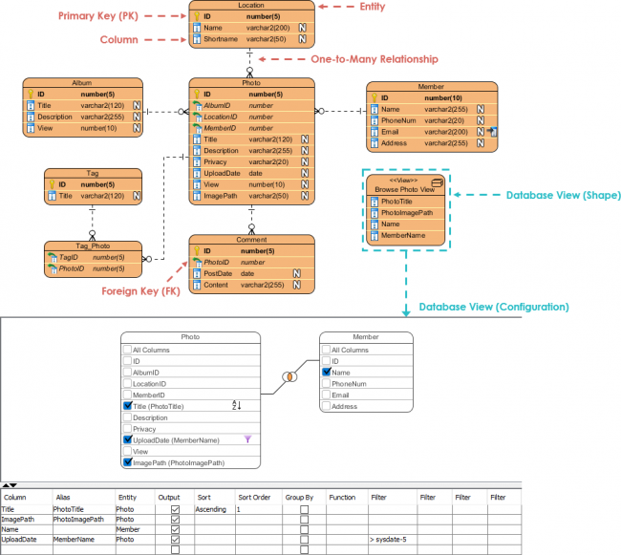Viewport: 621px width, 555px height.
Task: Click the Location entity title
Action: [250, 6]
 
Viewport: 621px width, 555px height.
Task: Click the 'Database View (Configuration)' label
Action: [493, 307]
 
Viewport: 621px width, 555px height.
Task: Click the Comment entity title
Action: [250, 240]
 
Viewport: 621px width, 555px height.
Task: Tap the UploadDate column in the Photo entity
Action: [222, 173]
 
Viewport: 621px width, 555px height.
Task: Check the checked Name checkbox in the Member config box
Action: [326, 372]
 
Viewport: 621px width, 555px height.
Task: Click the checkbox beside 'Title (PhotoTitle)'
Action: [128, 406]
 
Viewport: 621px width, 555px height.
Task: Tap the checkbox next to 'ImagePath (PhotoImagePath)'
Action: [128, 462]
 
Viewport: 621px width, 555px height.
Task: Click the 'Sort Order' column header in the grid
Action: [253, 498]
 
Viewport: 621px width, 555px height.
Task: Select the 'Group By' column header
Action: [299, 498]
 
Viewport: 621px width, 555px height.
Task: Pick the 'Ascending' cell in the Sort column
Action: [210, 509]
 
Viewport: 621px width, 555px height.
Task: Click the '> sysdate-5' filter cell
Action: [388, 540]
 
